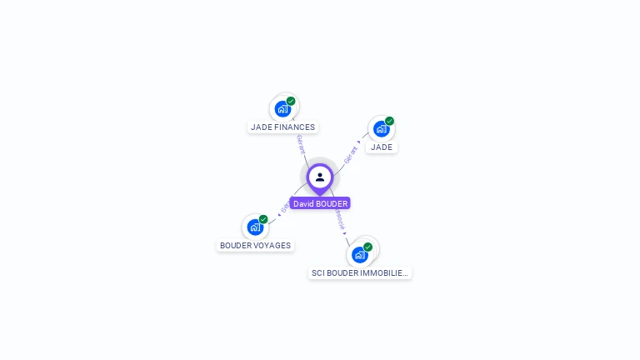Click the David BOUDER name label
tap(320, 203)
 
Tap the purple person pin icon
tap(320, 177)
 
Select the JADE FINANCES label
tap(283, 127)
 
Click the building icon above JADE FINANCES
tap(282, 108)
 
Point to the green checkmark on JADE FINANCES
tap(291, 101)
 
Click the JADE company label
tap(382, 147)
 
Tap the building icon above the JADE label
tap(381, 128)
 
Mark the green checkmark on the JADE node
tap(389, 121)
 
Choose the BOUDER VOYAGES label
tap(255, 246)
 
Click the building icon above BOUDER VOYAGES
tap(255, 227)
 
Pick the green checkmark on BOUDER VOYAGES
tap(263, 219)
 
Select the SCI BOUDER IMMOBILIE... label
tap(360, 272)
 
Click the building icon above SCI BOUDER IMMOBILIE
tap(359, 254)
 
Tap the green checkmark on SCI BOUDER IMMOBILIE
tap(367, 247)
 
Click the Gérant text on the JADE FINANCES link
tap(300, 143)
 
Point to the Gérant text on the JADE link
tap(351, 153)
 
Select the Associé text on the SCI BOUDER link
tap(339, 219)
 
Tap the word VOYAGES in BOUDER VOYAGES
tap(272, 246)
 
